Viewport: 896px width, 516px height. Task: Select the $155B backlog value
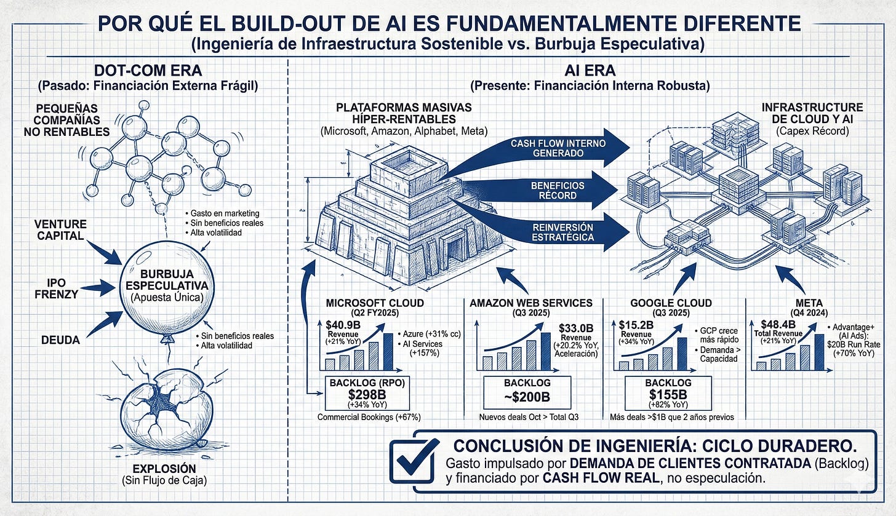click(x=668, y=395)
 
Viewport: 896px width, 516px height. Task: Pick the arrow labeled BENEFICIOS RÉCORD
click(x=554, y=190)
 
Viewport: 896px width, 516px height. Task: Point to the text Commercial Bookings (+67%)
click(x=369, y=418)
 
